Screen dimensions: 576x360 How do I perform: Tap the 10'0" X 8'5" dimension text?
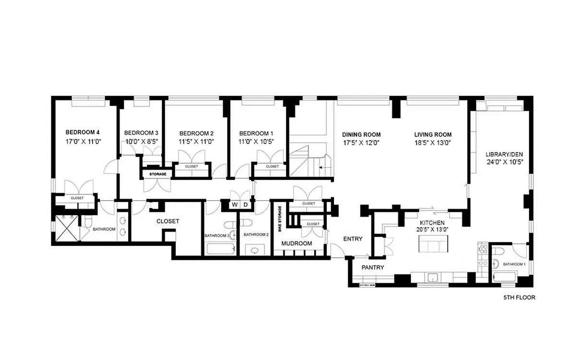[x=141, y=142]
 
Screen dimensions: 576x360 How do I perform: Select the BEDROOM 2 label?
[x=196, y=133]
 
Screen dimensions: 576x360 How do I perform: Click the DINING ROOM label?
[x=361, y=134]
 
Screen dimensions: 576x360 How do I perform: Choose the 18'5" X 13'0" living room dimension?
[x=433, y=143]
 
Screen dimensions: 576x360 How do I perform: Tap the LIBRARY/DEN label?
[x=504, y=154]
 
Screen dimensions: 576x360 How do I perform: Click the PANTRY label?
[x=373, y=267]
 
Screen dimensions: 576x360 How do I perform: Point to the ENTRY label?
[x=353, y=239]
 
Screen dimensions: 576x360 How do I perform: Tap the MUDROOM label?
[x=297, y=243]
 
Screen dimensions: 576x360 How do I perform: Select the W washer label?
[x=235, y=205]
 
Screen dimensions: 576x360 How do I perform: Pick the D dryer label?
[x=245, y=205]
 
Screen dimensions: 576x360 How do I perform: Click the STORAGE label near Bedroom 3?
[x=158, y=174]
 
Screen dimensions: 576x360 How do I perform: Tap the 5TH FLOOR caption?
[x=519, y=298]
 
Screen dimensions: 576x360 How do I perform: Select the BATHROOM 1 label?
[x=515, y=264]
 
